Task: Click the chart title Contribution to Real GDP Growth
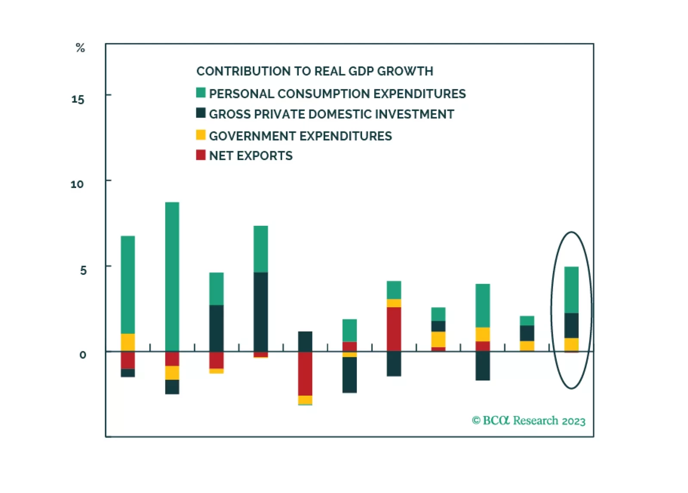pyautogui.click(x=315, y=71)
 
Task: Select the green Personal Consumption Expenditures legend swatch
pyautogui.click(x=201, y=93)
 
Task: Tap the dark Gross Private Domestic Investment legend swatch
pyautogui.click(x=201, y=113)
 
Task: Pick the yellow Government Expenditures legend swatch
pyautogui.click(x=201, y=135)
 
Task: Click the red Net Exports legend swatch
pyautogui.click(x=201, y=155)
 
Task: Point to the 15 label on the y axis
pyautogui.click(x=78, y=100)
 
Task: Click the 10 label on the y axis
pyautogui.click(x=77, y=184)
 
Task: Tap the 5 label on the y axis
pyautogui.click(x=83, y=271)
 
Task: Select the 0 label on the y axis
pyautogui.click(x=83, y=355)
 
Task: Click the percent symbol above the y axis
pyautogui.click(x=80, y=48)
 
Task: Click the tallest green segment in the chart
pyautogui.click(x=172, y=276)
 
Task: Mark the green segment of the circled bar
pyautogui.click(x=571, y=290)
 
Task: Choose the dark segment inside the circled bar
pyautogui.click(x=571, y=325)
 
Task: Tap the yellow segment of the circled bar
pyautogui.click(x=571, y=344)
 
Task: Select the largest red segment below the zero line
pyautogui.click(x=305, y=373)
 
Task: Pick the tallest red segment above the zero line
pyautogui.click(x=394, y=329)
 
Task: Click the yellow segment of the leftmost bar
pyautogui.click(x=128, y=342)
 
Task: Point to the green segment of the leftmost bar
pyautogui.click(x=128, y=284)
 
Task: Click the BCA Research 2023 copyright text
pyautogui.click(x=529, y=421)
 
